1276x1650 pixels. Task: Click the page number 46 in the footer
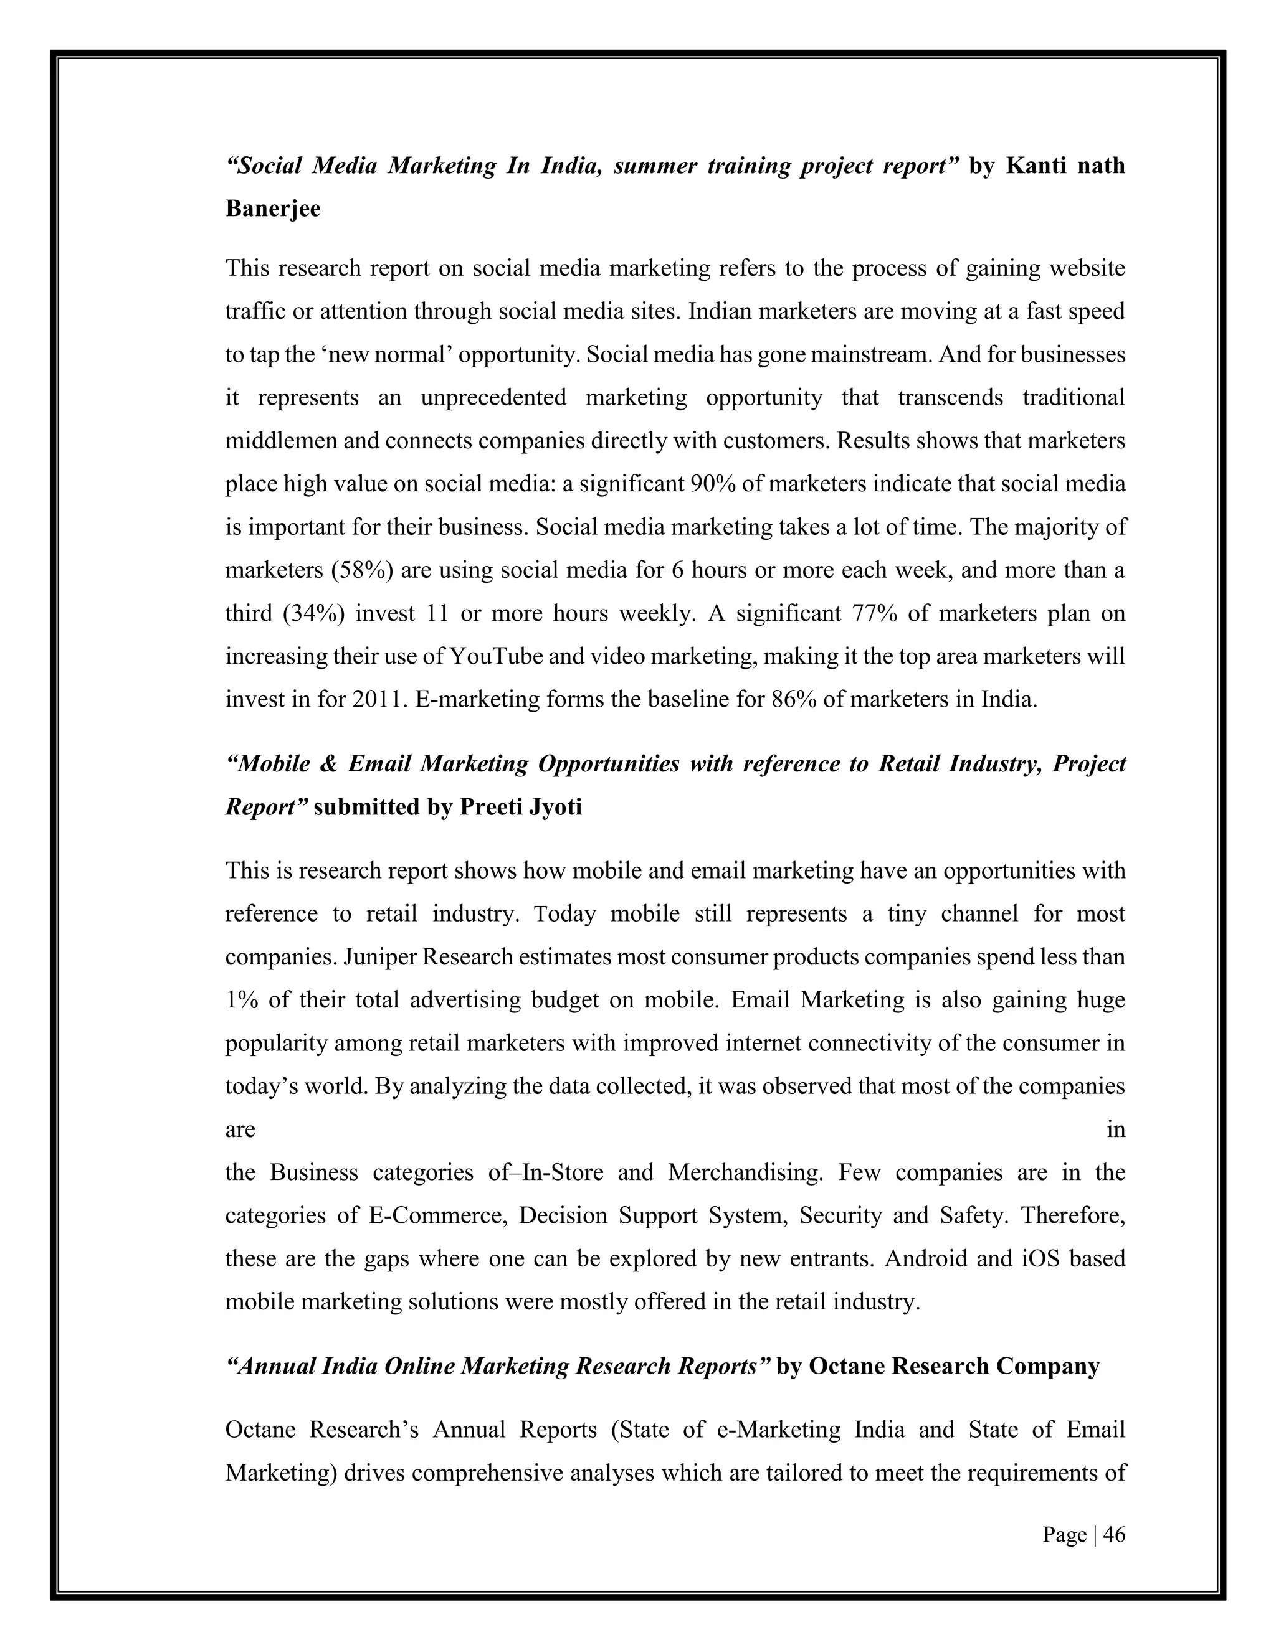(x=1114, y=1534)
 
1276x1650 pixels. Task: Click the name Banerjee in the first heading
(x=273, y=209)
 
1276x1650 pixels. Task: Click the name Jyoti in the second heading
(x=556, y=807)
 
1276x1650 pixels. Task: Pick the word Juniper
(x=380, y=956)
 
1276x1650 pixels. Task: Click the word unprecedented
(x=493, y=397)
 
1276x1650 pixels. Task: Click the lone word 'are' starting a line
(x=240, y=1129)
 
